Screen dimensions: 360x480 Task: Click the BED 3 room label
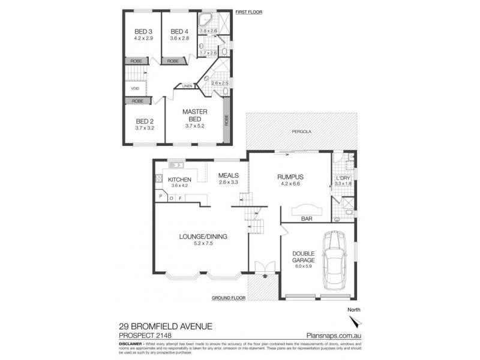tap(142, 32)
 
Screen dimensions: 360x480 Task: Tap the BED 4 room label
tap(179, 32)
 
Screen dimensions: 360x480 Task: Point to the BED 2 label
tap(145, 120)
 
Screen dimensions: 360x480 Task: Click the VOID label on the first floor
tap(135, 89)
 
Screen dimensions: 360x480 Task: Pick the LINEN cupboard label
tap(187, 86)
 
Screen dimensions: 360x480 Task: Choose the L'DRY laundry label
tap(343, 178)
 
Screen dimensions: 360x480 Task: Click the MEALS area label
tap(228, 175)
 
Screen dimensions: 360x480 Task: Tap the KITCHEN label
tap(179, 179)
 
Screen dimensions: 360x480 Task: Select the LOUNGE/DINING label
tap(204, 236)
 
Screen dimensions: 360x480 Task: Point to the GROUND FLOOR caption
tap(230, 298)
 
